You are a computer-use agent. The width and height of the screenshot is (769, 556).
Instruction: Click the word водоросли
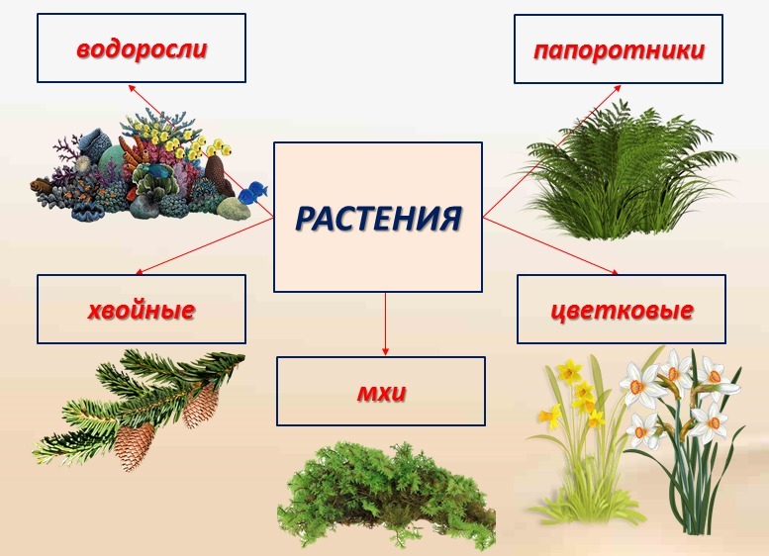pos(142,49)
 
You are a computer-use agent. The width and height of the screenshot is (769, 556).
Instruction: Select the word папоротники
pos(619,51)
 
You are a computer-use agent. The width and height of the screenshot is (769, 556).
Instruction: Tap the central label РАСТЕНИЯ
pos(378,219)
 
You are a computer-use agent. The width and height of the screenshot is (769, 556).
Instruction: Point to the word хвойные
pos(142,311)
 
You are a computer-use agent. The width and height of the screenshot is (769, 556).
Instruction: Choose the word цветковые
pos(622,311)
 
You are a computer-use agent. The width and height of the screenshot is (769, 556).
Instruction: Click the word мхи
pos(381,392)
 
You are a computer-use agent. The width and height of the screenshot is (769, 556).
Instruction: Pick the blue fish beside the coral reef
pos(253,192)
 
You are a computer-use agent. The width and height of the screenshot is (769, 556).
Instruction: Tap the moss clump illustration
pos(386,495)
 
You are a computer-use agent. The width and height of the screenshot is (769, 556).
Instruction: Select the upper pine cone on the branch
pos(201,406)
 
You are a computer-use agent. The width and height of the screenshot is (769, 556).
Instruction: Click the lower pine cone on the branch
pos(135,445)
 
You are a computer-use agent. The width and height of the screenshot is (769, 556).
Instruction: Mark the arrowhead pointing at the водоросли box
pos(131,87)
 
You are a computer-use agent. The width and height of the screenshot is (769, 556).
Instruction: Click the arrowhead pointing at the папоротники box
pos(619,88)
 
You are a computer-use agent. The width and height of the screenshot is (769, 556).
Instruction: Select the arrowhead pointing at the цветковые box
pos(615,272)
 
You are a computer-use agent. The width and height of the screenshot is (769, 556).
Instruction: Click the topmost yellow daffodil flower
pos(571,371)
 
